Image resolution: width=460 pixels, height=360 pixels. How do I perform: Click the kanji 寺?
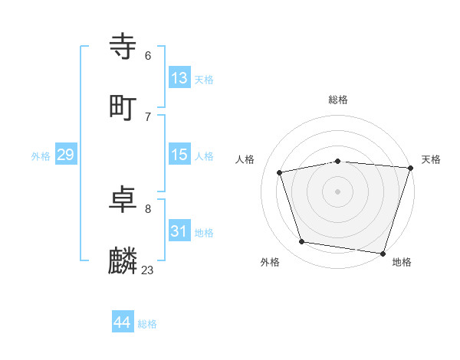point(124,47)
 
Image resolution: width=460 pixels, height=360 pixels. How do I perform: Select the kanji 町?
point(124,107)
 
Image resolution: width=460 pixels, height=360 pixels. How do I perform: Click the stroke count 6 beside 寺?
point(148,56)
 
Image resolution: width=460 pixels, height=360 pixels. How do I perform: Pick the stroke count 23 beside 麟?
point(147,270)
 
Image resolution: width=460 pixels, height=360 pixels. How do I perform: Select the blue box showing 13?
point(179,77)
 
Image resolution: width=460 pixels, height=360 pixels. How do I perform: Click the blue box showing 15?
point(179,155)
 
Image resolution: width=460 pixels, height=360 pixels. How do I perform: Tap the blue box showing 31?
point(179,231)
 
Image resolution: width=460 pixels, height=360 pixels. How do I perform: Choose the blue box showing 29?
point(65,155)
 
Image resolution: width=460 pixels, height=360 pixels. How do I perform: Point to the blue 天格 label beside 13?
point(204,80)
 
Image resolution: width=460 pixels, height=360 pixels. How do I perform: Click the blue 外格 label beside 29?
point(41,156)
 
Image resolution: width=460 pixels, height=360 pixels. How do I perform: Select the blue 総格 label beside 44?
point(147,324)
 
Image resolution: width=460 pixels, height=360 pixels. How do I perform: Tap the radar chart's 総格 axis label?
point(338,100)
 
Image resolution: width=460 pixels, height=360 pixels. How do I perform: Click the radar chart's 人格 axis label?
point(245,159)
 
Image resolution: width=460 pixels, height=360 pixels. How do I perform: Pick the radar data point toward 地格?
point(383,253)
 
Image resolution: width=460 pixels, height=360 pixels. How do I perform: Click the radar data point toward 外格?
point(302,241)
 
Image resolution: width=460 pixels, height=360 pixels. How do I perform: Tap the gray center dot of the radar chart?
point(337,191)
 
